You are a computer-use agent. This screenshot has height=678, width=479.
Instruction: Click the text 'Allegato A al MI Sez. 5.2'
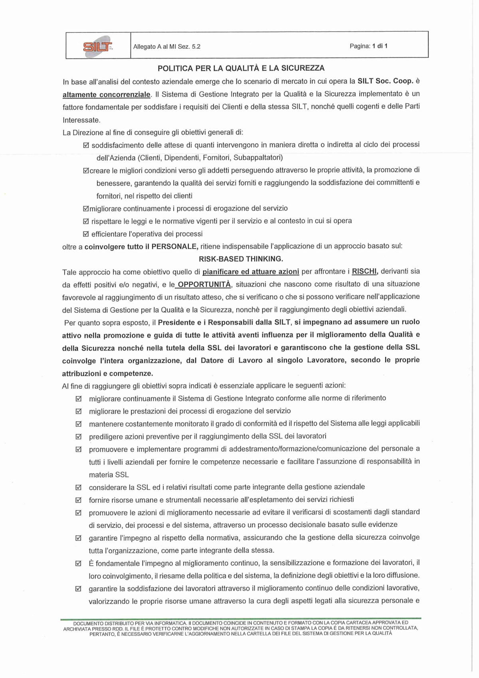167,46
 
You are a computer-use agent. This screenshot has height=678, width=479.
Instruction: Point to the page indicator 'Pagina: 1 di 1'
368,46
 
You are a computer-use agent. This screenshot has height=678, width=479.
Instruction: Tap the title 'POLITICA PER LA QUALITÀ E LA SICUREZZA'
241,68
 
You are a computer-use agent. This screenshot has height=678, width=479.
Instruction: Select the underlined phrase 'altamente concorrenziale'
107,95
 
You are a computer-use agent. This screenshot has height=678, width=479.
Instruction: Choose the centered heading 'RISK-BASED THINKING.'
241,259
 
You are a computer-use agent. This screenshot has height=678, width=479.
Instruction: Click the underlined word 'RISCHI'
364,272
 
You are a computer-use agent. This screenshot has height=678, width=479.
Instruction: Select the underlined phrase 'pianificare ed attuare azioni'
251,272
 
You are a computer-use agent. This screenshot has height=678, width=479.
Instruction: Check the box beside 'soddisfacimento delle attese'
86,145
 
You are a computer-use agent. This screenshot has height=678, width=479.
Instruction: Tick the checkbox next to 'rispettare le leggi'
86,221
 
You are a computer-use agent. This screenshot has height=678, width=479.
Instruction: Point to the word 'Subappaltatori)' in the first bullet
258,157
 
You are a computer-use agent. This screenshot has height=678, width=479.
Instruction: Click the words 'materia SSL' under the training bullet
109,475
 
